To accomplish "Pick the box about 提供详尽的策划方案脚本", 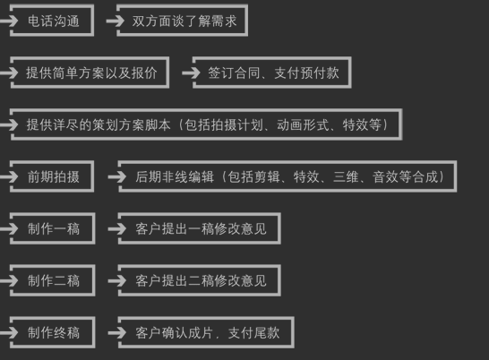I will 206,124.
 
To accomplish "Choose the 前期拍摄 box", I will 53,176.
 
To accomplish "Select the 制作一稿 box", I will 53,228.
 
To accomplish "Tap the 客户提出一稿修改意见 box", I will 200,229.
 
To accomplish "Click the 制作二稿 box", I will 53,280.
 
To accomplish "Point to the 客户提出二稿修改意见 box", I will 200,281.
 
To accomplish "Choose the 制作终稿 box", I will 53,332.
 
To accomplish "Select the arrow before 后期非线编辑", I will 116,176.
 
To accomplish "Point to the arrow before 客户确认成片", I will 116,333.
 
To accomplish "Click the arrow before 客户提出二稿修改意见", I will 116,281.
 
